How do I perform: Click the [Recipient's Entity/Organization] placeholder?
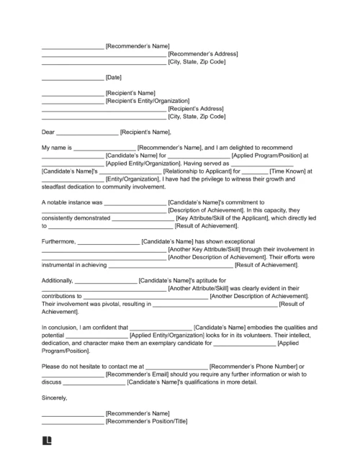click(148, 101)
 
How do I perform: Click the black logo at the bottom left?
click(48, 441)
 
